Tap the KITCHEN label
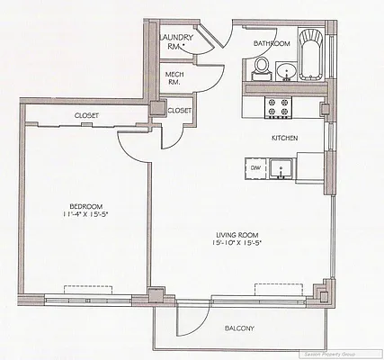tap(285, 138)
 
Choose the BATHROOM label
tap(271, 43)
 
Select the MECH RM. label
tap(173, 78)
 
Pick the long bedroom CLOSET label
tap(86, 116)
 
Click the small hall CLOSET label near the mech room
tap(180, 110)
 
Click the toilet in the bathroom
tap(262, 66)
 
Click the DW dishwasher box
tap(255, 168)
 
